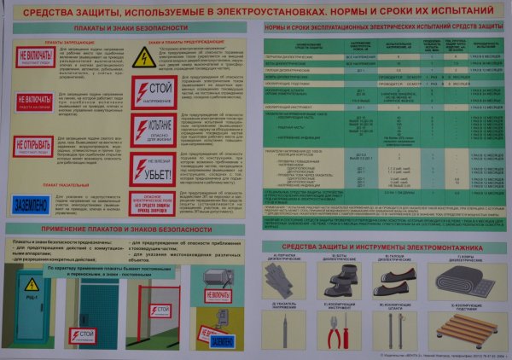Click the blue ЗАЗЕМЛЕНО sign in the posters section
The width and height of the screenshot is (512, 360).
(x=37, y=201)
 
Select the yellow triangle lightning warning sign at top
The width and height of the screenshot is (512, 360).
(x=143, y=57)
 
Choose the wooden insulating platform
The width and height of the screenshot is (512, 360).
(x=462, y=330)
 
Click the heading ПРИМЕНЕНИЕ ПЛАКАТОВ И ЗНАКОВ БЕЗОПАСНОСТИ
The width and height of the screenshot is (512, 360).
(x=128, y=231)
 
